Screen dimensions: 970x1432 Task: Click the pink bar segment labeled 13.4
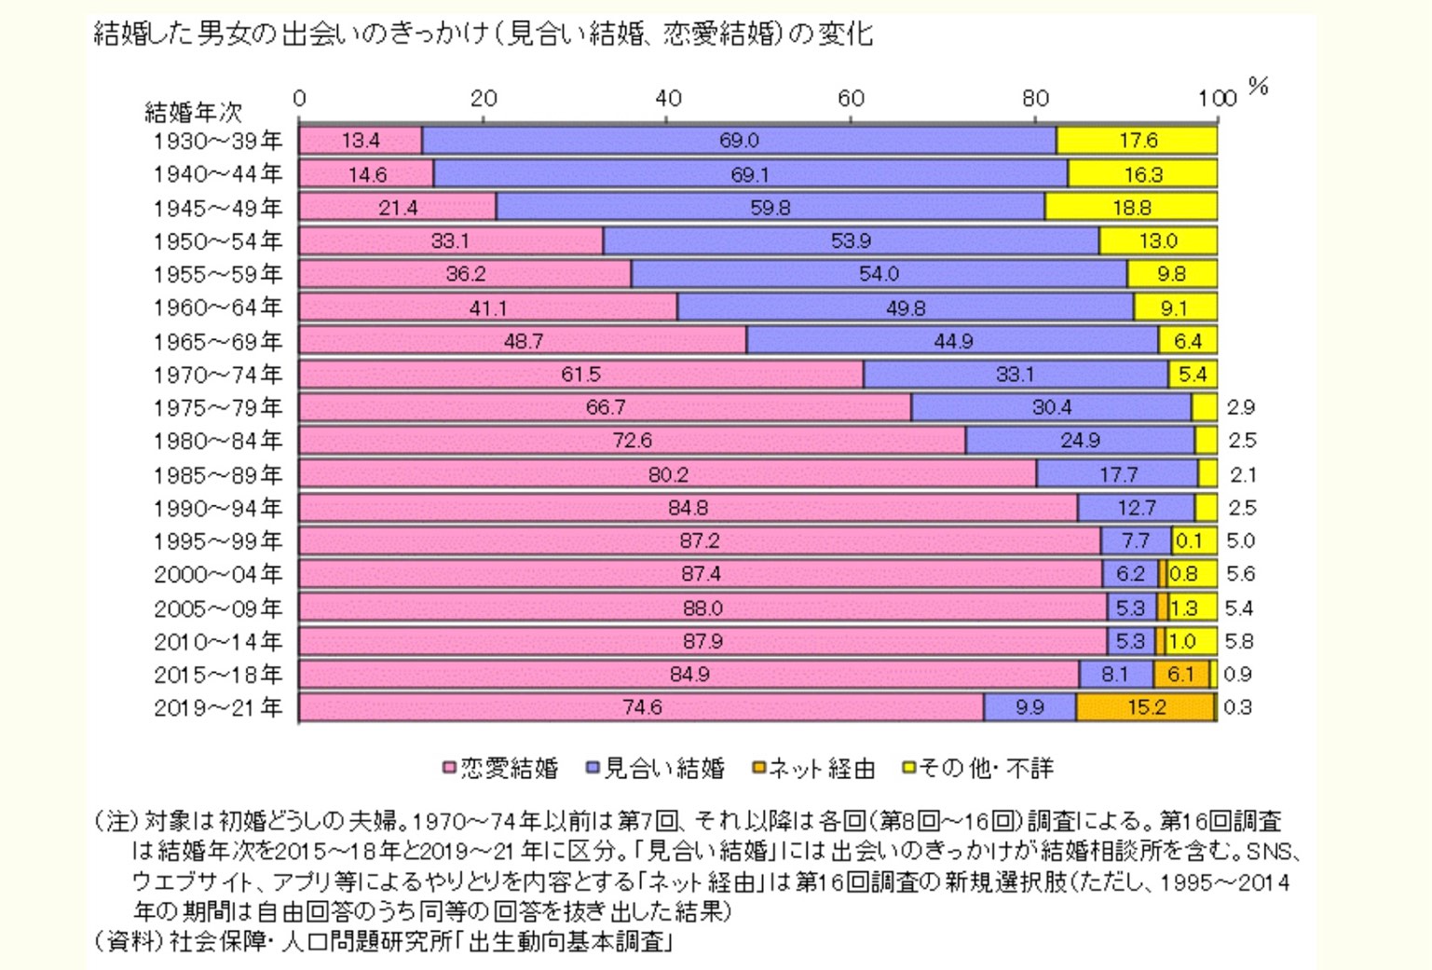click(x=361, y=141)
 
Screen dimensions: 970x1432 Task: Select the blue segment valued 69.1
click(x=750, y=174)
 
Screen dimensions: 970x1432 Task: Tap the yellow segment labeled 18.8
click(x=1131, y=208)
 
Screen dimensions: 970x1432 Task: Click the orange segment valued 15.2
click(x=1145, y=707)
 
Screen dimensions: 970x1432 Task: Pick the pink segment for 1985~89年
click(x=667, y=474)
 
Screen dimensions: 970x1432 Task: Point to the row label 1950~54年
click(x=218, y=241)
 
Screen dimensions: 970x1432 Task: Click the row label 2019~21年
click(x=218, y=708)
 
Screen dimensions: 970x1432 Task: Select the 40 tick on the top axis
click(x=668, y=98)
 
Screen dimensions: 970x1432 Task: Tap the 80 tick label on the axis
click(x=1035, y=98)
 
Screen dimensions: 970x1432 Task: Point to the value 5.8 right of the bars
click(x=1239, y=641)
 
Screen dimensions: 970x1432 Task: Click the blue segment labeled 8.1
click(x=1115, y=674)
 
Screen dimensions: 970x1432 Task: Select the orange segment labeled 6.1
click(x=1180, y=674)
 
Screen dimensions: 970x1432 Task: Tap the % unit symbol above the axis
click(x=1258, y=87)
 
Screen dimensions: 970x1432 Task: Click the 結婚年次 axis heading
click(x=193, y=113)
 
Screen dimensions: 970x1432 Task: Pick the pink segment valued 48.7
click(x=523, y=341)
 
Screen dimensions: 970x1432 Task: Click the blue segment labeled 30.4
click(x=1051, y=407)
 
